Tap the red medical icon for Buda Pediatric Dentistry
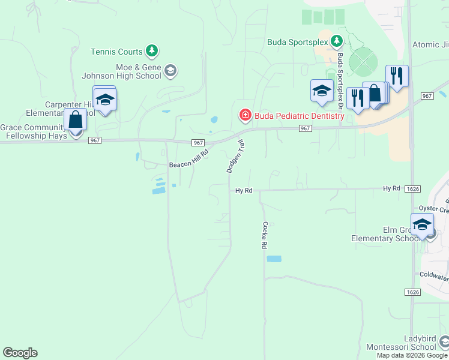(244, 115)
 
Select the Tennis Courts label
(116, 52)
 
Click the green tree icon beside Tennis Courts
(153, 50)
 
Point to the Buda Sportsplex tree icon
(337, 41)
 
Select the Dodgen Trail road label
(236, 157)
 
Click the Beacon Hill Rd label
(188, 158)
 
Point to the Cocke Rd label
(264, 235)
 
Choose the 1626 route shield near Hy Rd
(412, 189)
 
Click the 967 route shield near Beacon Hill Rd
(199, 143)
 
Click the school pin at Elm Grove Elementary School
(422, 224)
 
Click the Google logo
(20, 353)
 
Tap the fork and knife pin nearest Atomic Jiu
(397, 76)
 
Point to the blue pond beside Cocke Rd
(274, 259)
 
